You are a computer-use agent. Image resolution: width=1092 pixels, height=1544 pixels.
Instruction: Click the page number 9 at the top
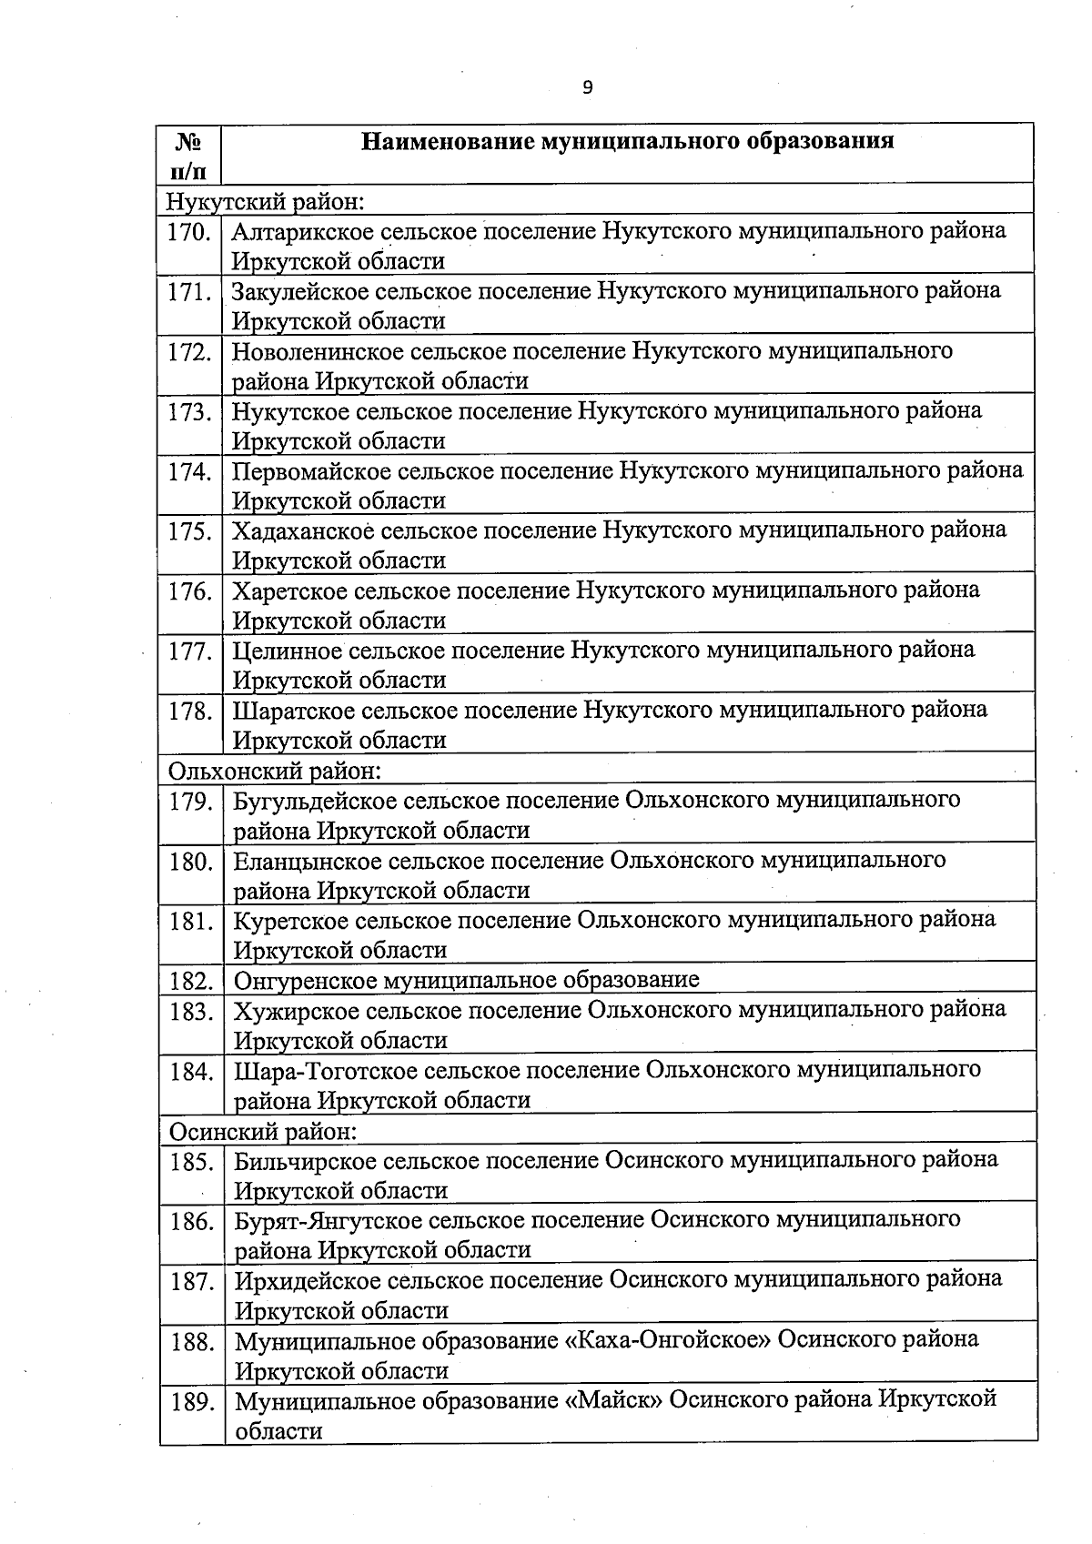587,87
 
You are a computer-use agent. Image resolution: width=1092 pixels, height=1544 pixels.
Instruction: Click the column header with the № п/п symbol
187,155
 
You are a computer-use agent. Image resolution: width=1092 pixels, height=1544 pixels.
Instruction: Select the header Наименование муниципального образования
627,141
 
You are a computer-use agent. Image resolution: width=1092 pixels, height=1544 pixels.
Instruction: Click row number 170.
189,232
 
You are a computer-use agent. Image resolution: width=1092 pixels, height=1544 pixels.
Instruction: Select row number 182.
191,981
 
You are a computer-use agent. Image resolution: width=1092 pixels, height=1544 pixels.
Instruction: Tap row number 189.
192,1401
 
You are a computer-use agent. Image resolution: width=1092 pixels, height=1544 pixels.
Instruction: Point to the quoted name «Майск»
614,1400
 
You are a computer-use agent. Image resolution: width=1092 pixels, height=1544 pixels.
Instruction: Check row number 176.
189,591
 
